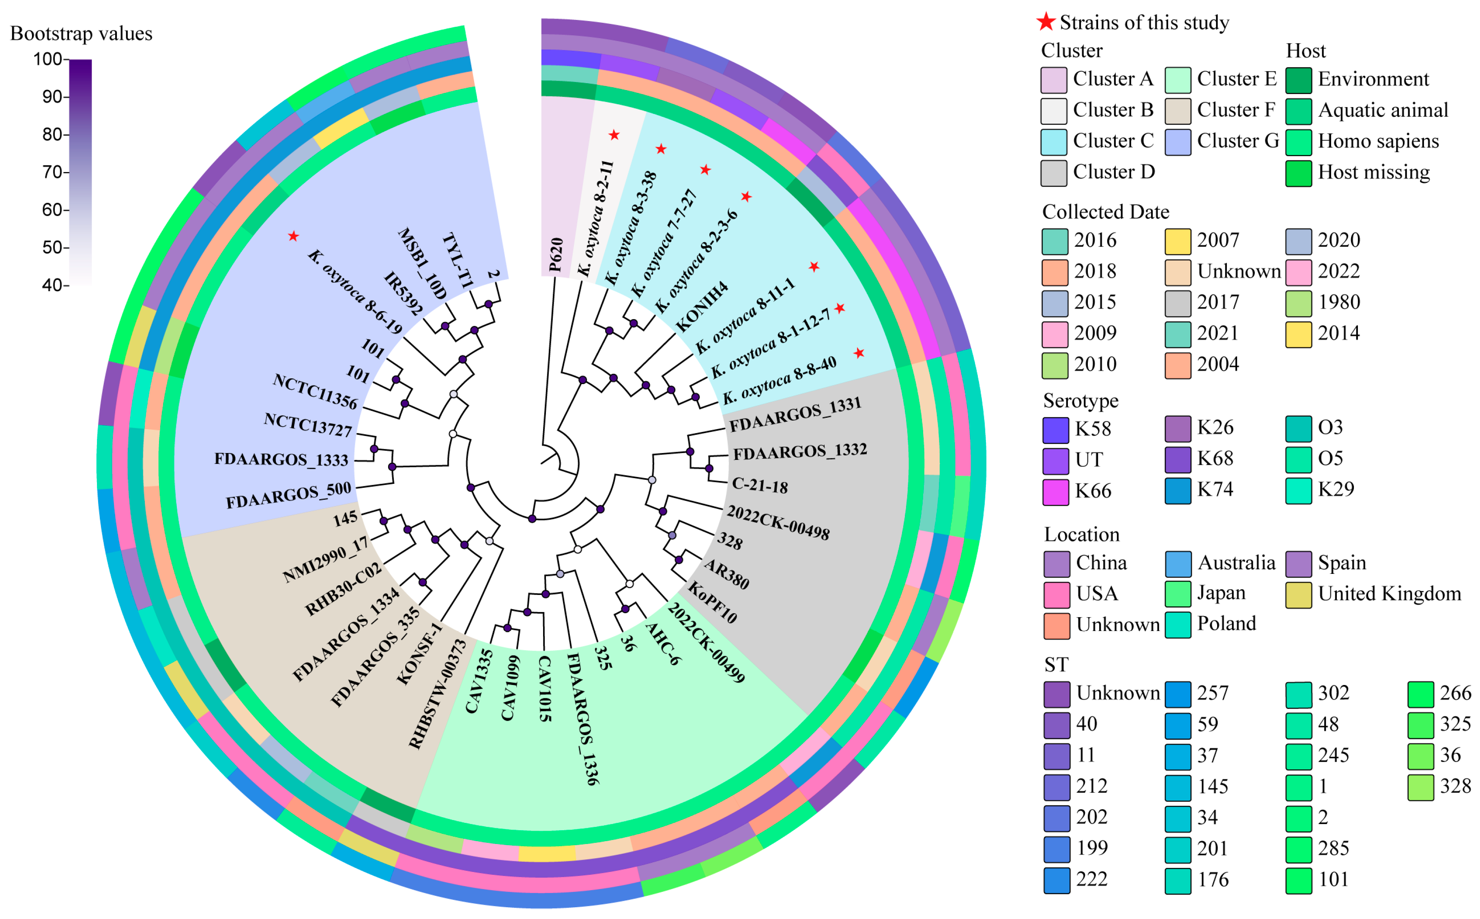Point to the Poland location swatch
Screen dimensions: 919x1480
point(1178,625)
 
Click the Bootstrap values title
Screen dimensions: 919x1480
point(82,33)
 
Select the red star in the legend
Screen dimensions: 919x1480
point(1046,22)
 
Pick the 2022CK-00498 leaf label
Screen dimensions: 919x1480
point(778,523)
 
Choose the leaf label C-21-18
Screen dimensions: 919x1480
point(760,485)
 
